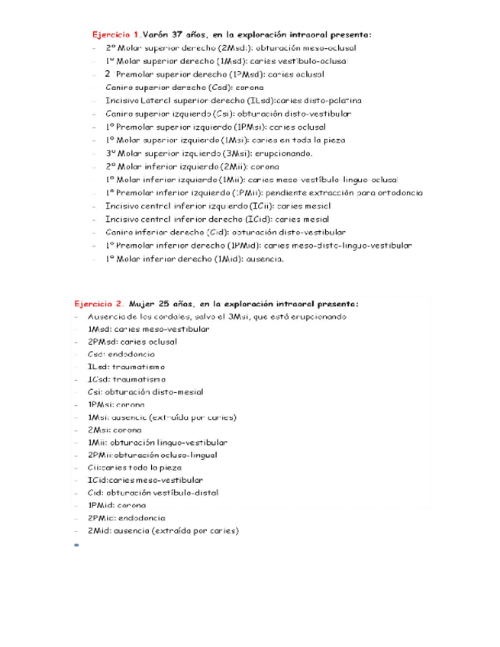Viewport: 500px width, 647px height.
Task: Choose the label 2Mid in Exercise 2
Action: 97,530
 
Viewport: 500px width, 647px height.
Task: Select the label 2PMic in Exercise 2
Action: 100,517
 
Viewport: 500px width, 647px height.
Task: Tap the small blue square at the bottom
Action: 77,545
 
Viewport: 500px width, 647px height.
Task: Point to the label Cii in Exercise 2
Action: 93,468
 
